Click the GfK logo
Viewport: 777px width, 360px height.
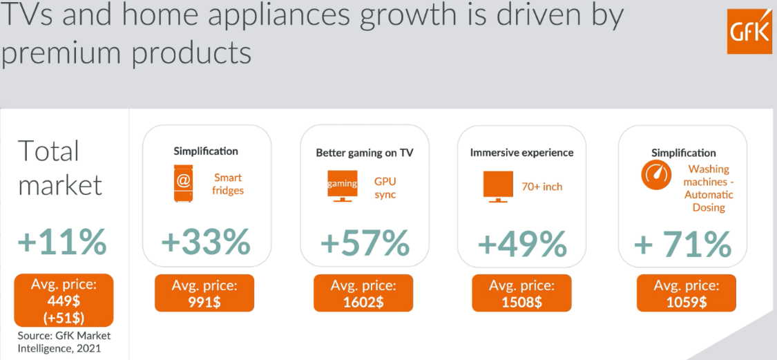click(749, 31)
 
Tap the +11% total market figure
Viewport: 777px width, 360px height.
click(62, 243)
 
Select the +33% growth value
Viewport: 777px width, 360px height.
click(205, 243)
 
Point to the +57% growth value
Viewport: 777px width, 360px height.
click(365, 243)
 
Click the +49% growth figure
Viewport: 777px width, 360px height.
click(522, 243)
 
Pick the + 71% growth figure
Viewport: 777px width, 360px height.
click(682, 244)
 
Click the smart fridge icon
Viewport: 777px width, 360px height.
click(183, 182)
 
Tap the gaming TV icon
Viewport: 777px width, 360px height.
click(343, 184)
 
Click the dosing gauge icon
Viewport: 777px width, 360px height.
click(655, 176)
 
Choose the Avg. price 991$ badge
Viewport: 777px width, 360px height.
click(204, 293)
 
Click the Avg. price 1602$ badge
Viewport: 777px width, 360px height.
click(363, 293)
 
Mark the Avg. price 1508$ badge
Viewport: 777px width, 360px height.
click(521, 293)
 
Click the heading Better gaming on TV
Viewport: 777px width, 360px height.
click(364, 153)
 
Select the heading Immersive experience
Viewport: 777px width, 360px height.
click(521, 152)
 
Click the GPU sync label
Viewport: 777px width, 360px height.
click(385, 187)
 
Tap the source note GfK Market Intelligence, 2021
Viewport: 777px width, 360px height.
click(64, 342)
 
